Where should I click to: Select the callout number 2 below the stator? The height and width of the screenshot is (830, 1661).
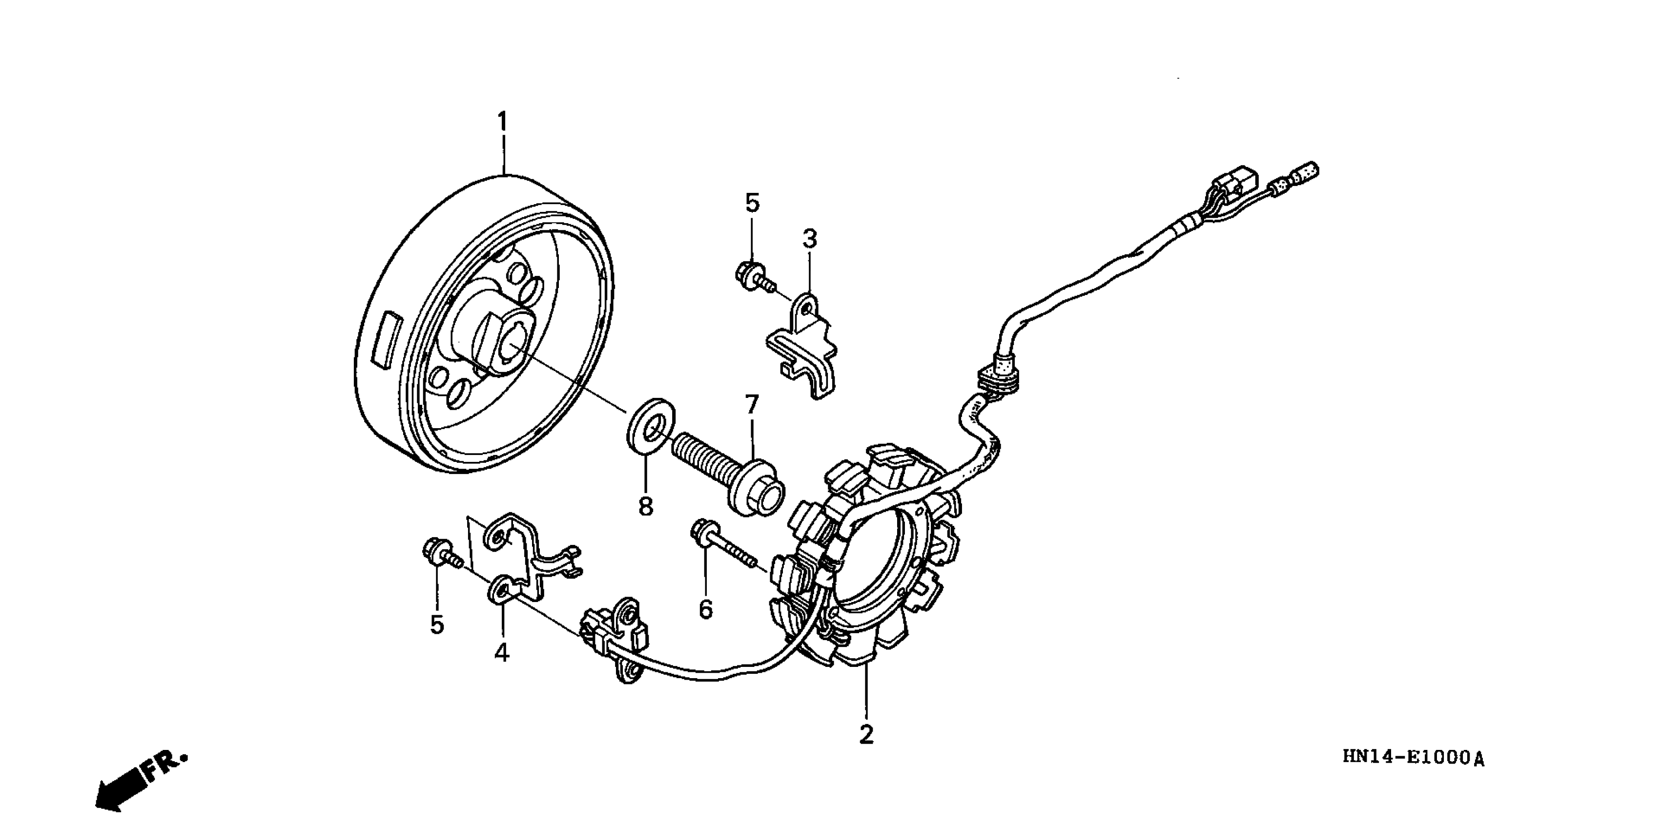(866, 735)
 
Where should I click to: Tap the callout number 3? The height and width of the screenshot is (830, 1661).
(809, 239)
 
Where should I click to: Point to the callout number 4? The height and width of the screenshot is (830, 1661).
(502, 653)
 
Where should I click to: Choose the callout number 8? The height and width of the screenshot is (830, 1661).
(645, 506)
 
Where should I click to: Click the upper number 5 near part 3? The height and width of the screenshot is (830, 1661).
(752, 203)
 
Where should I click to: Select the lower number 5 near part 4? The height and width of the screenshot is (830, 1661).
(437, 624)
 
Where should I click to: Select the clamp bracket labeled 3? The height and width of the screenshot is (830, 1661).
(803, 348)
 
